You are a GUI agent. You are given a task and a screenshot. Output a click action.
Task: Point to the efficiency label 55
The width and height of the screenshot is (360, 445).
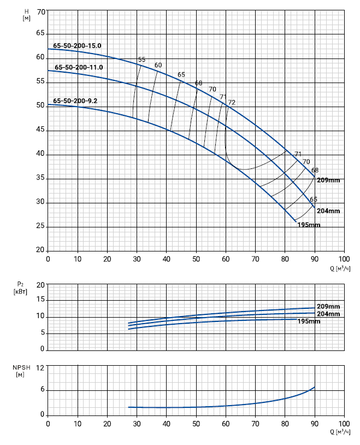point(142,60)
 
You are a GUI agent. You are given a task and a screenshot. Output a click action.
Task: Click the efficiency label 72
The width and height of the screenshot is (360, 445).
point(232,102)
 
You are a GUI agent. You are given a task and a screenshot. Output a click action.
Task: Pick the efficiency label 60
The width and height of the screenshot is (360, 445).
point(158,66)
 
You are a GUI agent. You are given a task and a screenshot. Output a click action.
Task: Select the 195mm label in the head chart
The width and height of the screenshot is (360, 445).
point(309,225)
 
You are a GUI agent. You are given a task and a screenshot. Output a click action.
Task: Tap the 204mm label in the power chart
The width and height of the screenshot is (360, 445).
point(328,314)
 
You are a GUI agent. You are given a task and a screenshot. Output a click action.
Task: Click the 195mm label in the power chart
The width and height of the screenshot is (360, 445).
point(309,321)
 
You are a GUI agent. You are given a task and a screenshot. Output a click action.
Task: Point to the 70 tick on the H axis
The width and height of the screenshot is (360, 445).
point(40,11)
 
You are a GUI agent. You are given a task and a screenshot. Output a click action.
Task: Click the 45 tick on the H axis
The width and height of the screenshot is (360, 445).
point(40,131)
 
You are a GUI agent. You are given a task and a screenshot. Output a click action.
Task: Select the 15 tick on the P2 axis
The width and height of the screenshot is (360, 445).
point(40,301)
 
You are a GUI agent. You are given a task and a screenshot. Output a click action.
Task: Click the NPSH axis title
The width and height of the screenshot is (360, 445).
point(20,371)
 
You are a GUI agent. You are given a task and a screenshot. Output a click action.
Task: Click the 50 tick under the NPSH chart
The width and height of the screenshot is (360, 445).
point(196,424)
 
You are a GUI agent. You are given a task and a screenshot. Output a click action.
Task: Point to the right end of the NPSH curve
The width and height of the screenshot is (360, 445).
point(315,387)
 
